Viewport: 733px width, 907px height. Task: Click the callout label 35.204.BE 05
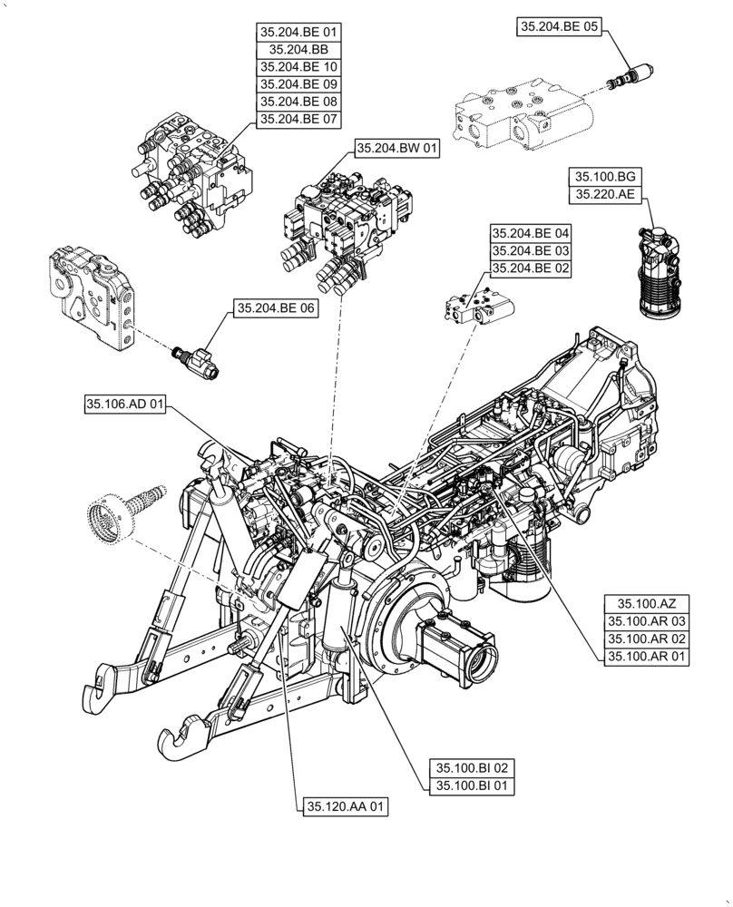tap(560, 28)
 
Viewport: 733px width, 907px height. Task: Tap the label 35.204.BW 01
tap(396, 150)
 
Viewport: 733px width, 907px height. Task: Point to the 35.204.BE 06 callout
tap(276, 308)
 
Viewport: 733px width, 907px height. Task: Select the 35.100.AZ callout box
tap(641, 603)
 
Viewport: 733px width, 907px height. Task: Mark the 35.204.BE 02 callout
tap(531, 268)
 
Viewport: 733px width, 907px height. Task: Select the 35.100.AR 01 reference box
tap(641, 657)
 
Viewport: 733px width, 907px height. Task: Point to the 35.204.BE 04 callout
tap(531, 233)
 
